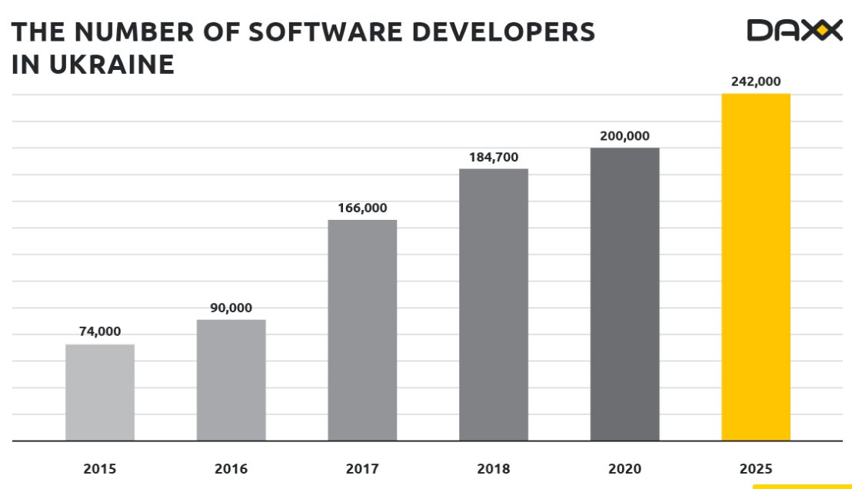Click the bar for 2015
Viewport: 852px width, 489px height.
[x=100, y=392]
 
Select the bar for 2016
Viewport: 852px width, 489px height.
[x=231, y=380]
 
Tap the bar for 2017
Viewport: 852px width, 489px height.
[x=362, y=330]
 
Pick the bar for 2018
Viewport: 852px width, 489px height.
[x=494, y=304]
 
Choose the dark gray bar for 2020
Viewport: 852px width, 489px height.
[x=624, y=294]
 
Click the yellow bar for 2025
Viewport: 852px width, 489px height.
[x=755, y=267]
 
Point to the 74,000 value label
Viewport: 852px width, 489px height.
[x=100, y=331]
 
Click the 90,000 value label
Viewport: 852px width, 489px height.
[x=231, y=308]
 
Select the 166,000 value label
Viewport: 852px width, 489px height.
[x=362, y=208]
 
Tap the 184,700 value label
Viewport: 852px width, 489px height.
[x=494, y=157]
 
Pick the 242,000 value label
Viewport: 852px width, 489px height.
[x=755, y=81]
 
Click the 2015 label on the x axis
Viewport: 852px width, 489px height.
[x=100, y=468]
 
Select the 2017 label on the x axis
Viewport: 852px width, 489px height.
[x=362, y=468]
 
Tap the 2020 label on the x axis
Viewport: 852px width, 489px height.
[x=624, y=468]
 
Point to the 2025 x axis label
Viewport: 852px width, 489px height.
[x=755, y=468]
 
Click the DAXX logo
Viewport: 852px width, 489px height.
[x=794, y=31]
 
